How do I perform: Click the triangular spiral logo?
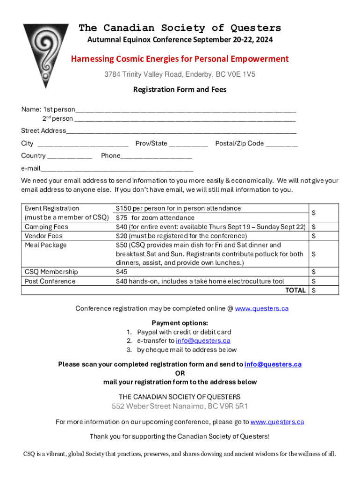pos(45,54)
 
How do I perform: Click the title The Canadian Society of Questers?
pos(180,28)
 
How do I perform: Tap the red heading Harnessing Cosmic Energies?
pos(180,59)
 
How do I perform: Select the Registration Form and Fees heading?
pos(180,89)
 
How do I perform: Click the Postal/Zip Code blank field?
pos(281,145)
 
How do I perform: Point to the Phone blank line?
pos(156,157)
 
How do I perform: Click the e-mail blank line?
pos(117,169)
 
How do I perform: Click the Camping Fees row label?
pos(47,227)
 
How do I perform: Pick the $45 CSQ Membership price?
pos(122,272)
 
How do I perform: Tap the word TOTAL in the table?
pos(295,290)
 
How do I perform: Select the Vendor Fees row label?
pos(43,236)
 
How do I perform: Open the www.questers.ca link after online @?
pos(261,308)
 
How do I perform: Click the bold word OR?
pos(180,373)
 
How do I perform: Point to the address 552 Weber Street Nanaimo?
pos(180,406)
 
